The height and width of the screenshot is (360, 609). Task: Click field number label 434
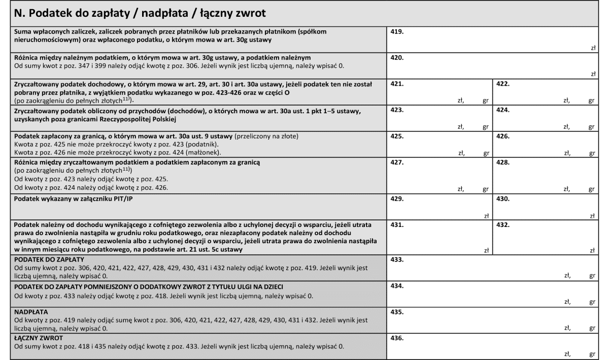[397, 286]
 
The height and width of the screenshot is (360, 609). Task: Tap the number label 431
[397, 224]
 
